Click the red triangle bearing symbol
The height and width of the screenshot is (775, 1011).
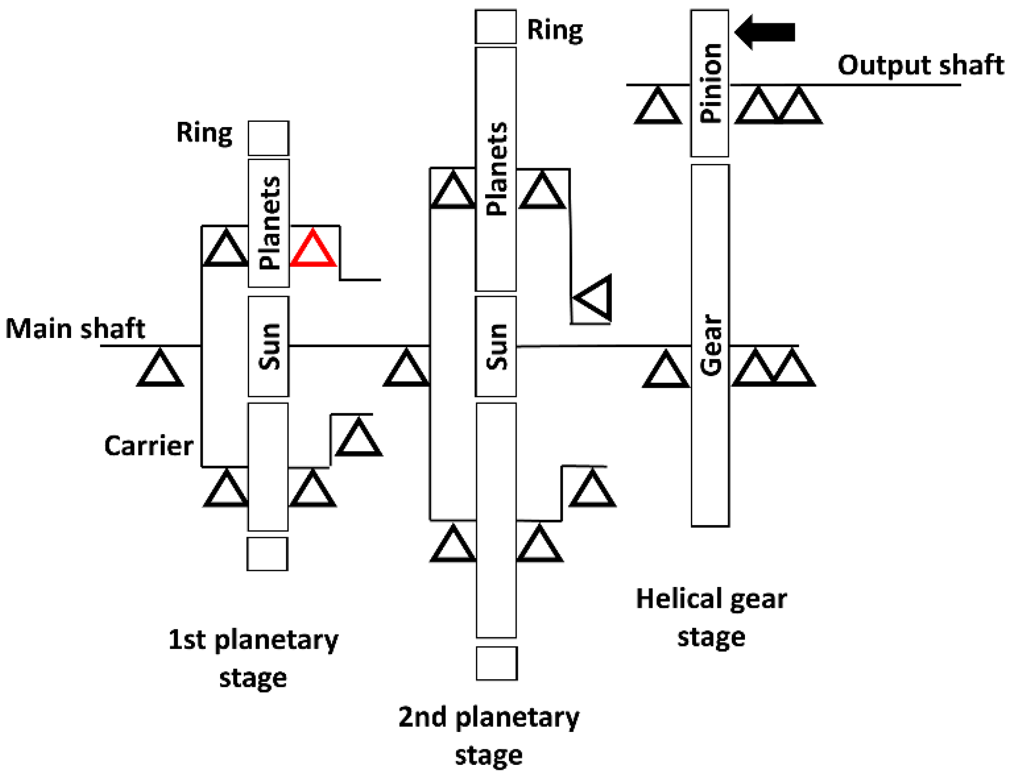point(313,249)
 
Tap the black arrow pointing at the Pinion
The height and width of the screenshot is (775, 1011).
point(765,32)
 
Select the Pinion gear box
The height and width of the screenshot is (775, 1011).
point(710,83)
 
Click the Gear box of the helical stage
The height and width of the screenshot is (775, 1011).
point(710,345)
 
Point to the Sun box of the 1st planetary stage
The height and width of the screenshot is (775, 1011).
point(268,346)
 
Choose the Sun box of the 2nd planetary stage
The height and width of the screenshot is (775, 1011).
point(496,346)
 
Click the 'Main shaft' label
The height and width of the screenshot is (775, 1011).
point(75,329)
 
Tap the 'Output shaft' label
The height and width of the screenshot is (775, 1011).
point(921,65)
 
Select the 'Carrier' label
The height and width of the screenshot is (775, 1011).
point(149,446)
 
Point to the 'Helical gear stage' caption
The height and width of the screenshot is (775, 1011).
point(711,617)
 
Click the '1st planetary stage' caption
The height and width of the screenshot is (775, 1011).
point(253,658)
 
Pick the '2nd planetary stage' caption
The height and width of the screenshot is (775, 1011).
point(489,735)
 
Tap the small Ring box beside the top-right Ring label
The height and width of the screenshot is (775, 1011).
point(496,27)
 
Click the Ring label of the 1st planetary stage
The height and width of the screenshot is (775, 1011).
point(204,132)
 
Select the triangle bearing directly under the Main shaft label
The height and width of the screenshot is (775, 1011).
point(160,370)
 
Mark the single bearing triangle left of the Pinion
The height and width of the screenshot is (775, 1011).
point(658,106)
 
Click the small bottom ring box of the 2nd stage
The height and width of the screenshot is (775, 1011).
point(497,663)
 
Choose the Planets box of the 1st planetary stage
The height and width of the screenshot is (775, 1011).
point(269,223)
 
